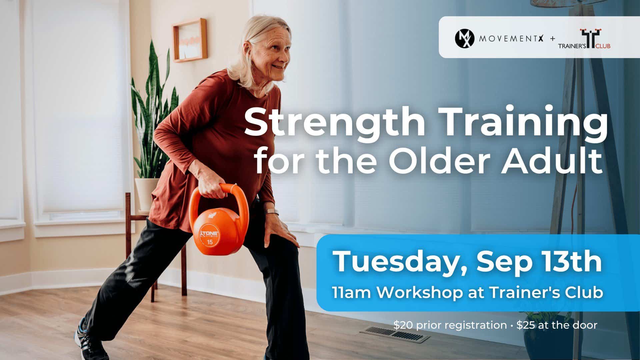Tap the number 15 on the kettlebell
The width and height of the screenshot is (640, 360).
point(210,242)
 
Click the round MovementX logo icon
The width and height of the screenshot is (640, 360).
point(464,38)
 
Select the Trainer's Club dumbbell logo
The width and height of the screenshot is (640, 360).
point(584,39)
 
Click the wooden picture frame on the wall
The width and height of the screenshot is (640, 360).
point(190,40)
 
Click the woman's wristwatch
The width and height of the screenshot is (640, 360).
point(271,212)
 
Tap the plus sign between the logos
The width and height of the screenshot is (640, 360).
point(552,39)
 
